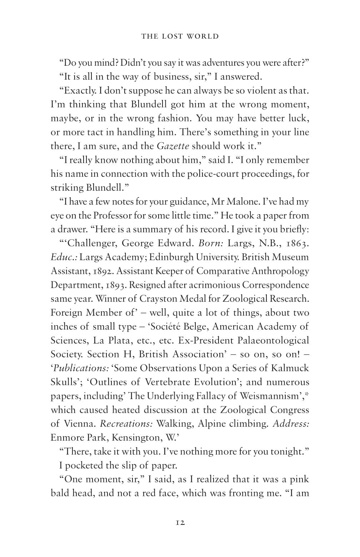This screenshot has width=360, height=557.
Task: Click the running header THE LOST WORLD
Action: point(180,36)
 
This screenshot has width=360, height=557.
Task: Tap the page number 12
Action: point(180,523)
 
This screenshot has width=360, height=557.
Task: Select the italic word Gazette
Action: point(173,146)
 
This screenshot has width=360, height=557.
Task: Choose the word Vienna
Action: point(80,424)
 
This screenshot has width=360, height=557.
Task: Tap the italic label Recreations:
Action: point(126,424)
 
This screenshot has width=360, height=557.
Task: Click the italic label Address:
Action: point(291,424)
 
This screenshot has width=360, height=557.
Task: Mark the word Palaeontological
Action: point(273,341)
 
